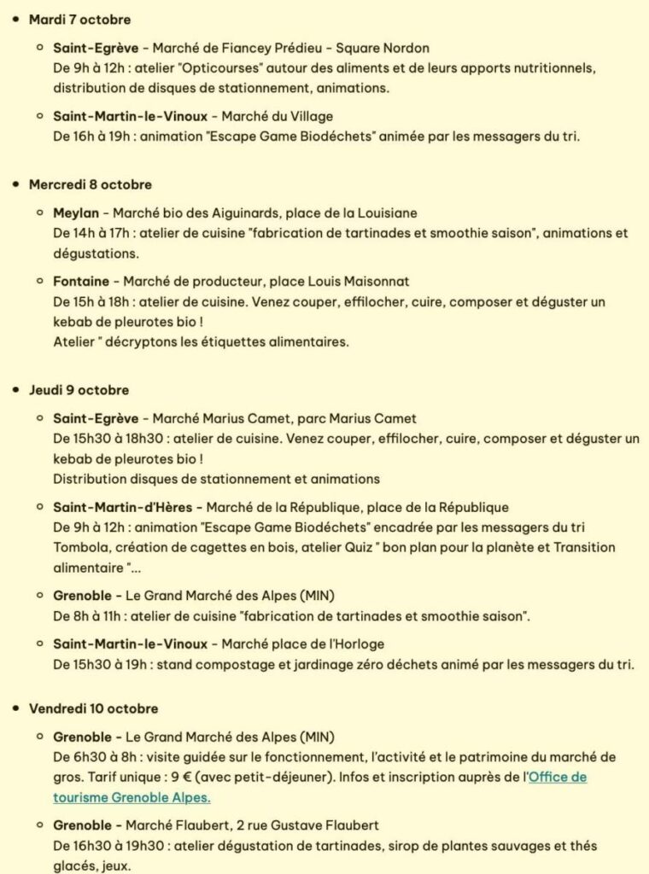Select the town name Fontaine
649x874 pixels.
click(x=81, y=281)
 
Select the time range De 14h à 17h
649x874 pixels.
click(x=92, y=233)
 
